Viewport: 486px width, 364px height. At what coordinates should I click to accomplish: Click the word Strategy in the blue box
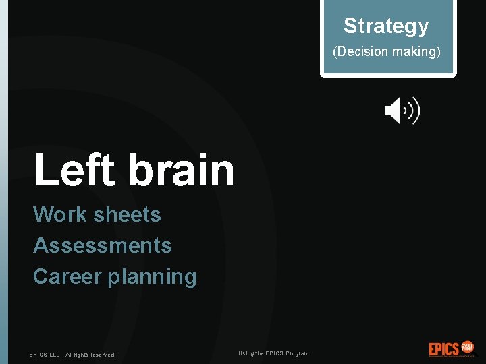tap(386, 26)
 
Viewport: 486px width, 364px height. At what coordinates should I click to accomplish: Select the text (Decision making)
tap(386, 51)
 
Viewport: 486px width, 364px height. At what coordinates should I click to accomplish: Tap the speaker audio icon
tap(401, 111)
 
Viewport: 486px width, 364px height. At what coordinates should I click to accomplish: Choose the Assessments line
tap(103, 245)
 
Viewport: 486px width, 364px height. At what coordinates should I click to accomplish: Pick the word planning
tap(155, 277)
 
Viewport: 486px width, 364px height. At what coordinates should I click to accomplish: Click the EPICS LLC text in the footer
tap(44, 355)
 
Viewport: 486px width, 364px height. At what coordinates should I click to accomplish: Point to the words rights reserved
tap(94, 355)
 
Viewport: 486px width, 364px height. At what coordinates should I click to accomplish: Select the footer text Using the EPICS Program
tap(273, 354)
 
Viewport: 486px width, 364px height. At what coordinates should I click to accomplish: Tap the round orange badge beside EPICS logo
tap(468, 348)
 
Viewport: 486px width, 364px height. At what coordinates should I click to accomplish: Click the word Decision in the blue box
tap(362, 51)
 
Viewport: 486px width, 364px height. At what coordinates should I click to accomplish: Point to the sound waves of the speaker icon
tap(412, 111)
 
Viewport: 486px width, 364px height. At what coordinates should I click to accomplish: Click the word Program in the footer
tap(297, 354)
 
